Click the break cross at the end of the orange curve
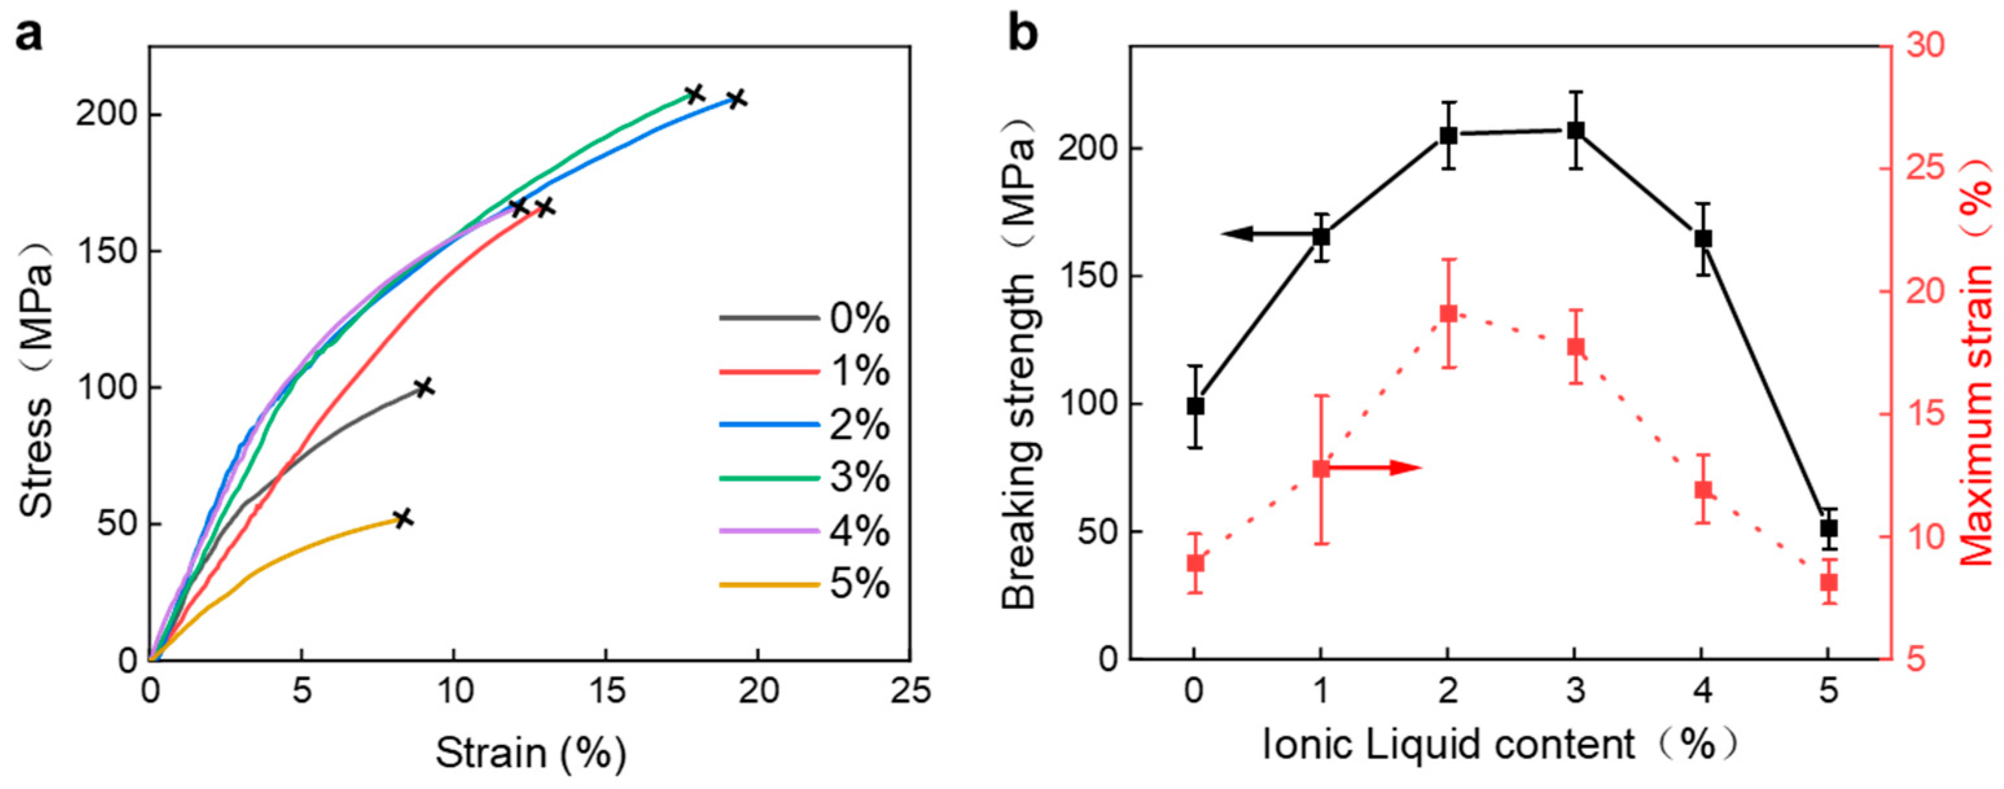pos(402,518)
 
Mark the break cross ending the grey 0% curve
pos(423,387)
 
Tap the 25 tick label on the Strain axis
pos(910,692)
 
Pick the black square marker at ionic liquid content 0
pos(1196,406)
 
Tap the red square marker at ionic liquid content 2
pos(1448,314)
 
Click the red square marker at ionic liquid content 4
pos(1703,490)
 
